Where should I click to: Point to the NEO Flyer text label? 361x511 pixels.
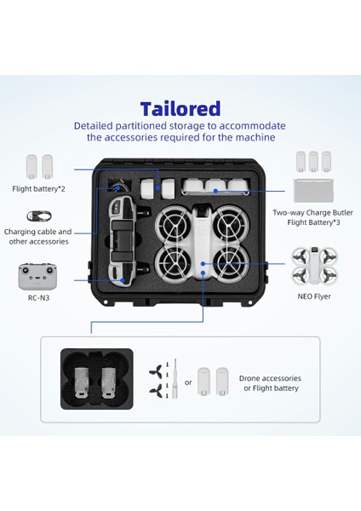click(315, 296)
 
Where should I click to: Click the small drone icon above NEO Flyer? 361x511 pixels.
click(315, 264)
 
